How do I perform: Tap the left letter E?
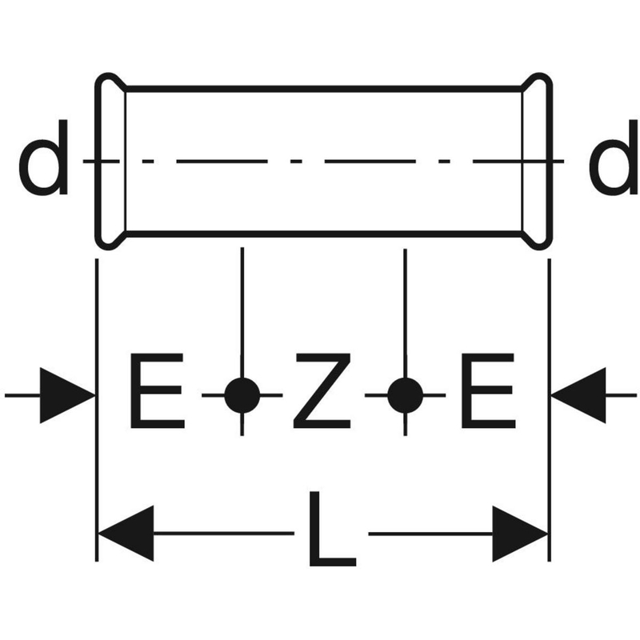[157, 391]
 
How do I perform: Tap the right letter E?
[487, 391]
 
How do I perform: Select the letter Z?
[322, 391]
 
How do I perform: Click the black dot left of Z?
[242, 395]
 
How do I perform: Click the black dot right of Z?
[405, 395]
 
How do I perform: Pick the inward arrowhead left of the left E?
[67, 395]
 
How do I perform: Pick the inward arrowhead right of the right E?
[578, 395]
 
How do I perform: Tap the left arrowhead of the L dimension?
[126, 533]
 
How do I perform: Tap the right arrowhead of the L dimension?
[520, 533]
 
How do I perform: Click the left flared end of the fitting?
[98, 161]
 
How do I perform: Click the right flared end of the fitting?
[550, 161]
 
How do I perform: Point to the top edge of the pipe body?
[323, 89]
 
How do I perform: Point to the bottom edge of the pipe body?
[323, 234]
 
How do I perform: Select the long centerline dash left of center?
[222, 162]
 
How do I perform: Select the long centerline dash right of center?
[370, 162]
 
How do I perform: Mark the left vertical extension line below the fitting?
[97, 410]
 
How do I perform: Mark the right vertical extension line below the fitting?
[550, 410]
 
